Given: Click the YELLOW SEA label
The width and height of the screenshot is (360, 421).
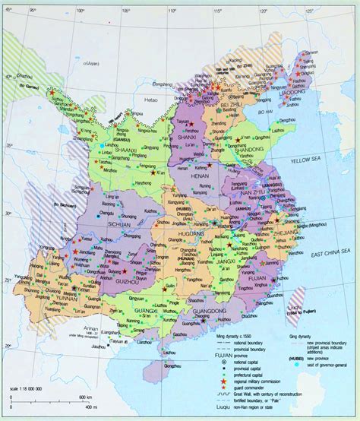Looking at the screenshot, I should (304, 160).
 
